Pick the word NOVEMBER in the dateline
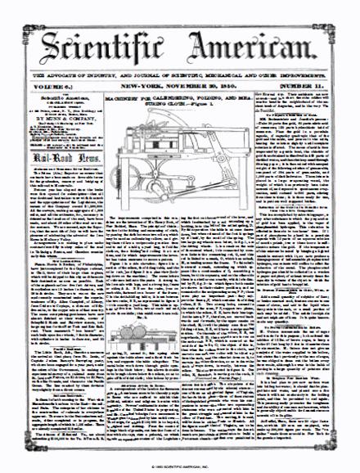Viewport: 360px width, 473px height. tap(189, 87)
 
